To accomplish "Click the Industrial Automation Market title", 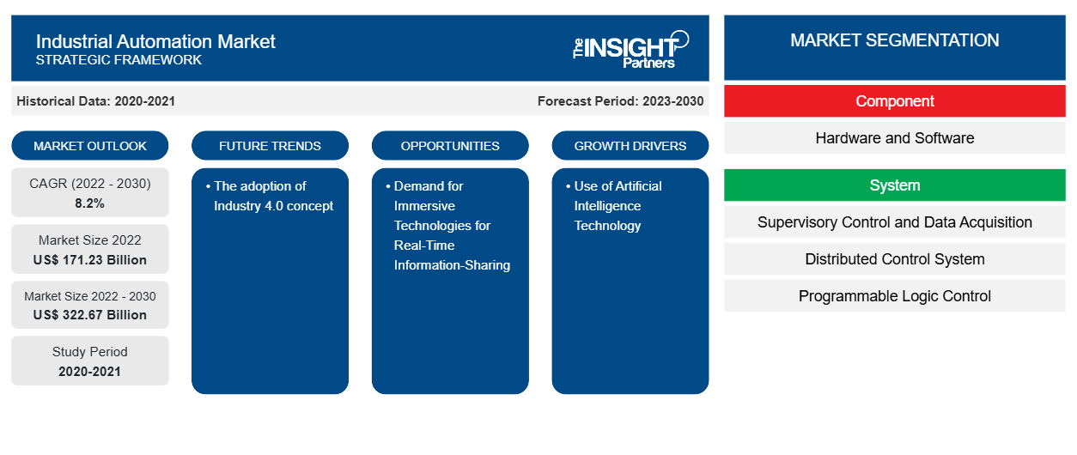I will [x=155, y=41].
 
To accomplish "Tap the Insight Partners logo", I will [x=630, y=48].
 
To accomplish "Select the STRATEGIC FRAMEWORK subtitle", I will [x=119, y=60].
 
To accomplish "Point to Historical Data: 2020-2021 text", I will [x=95, y=101].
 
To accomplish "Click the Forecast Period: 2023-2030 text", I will [x=620, y=101].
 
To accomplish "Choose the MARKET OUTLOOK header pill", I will [x=90, y=146].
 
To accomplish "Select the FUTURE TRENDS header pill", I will [x=270, y=146].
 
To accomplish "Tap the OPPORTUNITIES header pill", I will [x=450, y=146].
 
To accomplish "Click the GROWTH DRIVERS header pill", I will [x=630, y=146].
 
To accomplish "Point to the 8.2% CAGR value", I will [x=90, y=203].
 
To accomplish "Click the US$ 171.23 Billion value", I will [x=90, y=259].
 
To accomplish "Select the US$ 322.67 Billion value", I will [x=90, y=314].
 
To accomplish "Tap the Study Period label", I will [x=90, y=352].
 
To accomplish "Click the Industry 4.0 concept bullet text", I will [x=272, y=196].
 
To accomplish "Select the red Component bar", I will [x=895, y=101].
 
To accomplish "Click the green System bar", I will [x=895, y=185].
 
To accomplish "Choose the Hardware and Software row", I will [x=895, y=138].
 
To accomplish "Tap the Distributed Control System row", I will [x=895, y=259].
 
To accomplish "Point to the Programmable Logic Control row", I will [x=895, y=296].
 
